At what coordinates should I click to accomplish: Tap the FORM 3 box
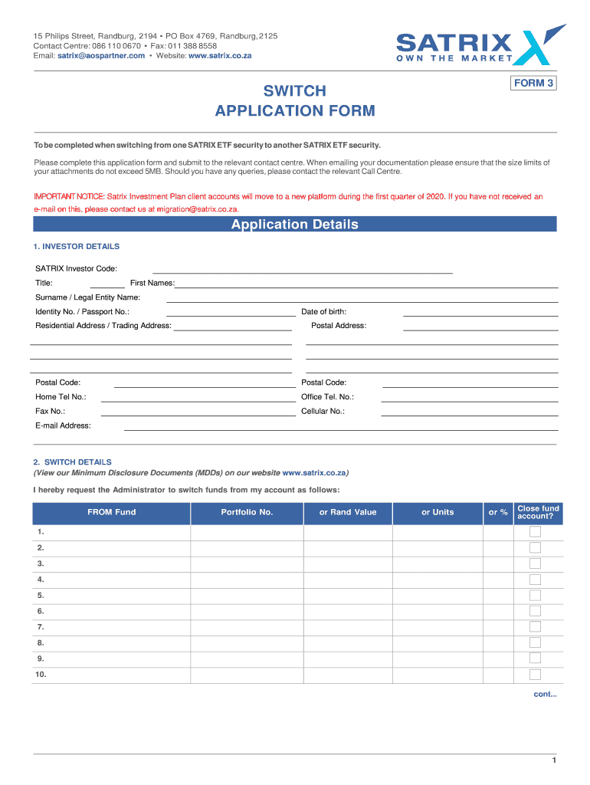tap(533, 83)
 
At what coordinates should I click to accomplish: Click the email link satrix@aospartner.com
tap(101, 56)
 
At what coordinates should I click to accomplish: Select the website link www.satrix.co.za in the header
tap(220, 56)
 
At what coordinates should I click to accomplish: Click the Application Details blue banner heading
tap(294, 225)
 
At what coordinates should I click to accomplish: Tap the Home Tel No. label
tap(61, 397)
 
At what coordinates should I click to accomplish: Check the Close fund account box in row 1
tap(535, 532)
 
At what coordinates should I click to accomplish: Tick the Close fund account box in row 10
tap(535, 675)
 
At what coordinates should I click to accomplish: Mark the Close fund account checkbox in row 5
tap(535, 595)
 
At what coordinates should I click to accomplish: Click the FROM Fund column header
tap(111, 512)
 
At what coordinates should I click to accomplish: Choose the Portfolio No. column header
tap(247, 512)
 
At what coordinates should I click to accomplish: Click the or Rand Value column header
tap(348, 512)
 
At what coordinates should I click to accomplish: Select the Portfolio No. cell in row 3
tap(247, 563)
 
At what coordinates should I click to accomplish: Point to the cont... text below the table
tap(545, 695)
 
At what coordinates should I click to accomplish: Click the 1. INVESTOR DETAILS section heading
tap(77, 247)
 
